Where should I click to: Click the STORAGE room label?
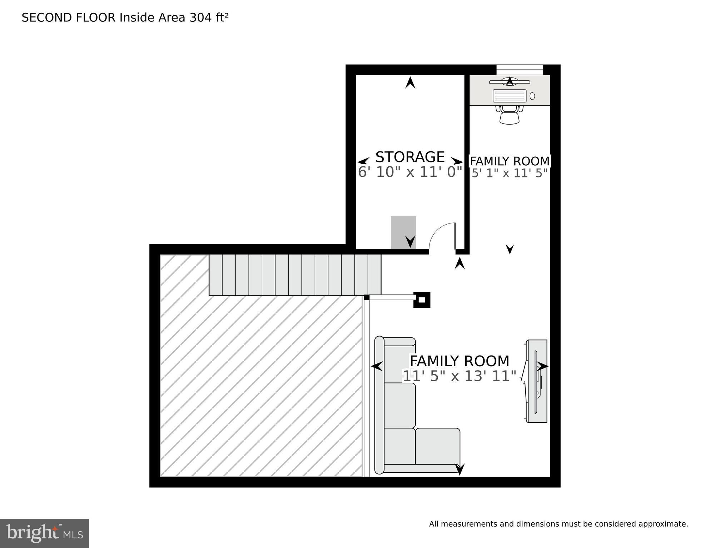[x=410, y=157]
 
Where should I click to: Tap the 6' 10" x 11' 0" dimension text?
[x=410, y=172]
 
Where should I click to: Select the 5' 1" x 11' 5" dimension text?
[x=509, y=174]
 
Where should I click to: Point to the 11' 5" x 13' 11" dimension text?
[x=460, y=376]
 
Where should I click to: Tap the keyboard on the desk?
[x=509, y=96]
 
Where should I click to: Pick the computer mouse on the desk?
[x=532, y=96]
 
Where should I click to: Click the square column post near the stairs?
[x=422, y=300]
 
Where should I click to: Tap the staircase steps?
[x=295, y=275]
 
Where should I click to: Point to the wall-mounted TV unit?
[x=537, y=381]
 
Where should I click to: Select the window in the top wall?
[x=520, y=69]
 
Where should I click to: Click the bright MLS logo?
[x=44, y=533]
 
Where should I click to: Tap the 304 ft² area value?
[x=209, y=17]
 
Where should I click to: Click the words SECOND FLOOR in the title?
[x=69, y=17]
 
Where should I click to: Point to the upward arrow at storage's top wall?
[x=410, y=83]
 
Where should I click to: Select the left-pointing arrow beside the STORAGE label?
[x=364, y=161]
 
